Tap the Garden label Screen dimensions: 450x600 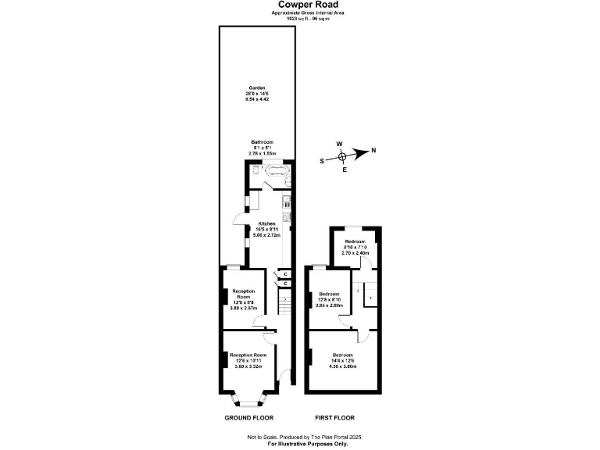(257, 87)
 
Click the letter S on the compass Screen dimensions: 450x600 (323, 161)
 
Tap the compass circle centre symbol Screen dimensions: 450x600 (342, 156)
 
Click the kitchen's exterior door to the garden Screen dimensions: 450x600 (235, 221)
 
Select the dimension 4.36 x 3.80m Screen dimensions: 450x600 (342, 366)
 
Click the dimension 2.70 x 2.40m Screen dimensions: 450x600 (355, 254)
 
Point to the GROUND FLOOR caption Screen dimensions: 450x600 (249, 418)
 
